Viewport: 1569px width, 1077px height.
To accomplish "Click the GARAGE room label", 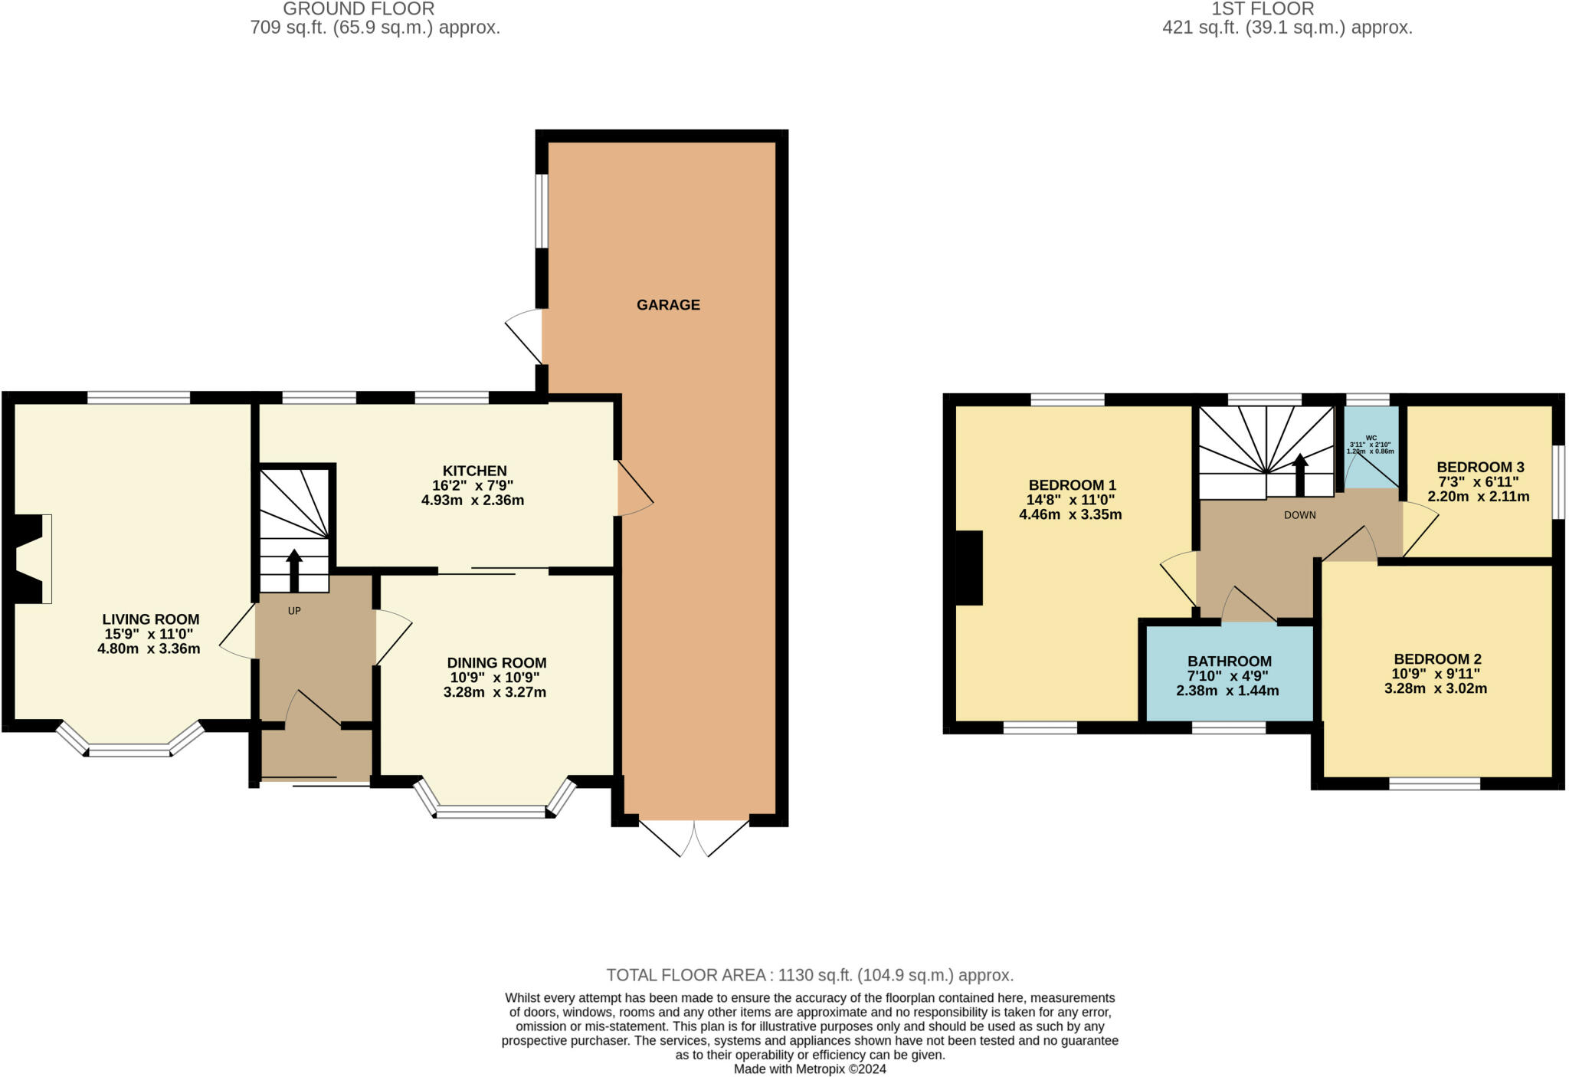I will (668, 305).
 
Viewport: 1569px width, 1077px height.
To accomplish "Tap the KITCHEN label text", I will (474, 471).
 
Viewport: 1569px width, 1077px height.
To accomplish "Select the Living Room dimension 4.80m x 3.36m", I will (149, 648).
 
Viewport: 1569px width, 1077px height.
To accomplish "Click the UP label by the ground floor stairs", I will (294, 611).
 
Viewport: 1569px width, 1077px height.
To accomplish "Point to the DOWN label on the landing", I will (1299, 515).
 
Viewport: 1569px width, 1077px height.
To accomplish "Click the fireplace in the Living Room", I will (31, 559).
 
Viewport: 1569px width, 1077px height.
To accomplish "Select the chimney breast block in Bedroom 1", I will (969, 568).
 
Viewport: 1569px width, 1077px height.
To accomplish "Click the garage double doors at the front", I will (694, 837).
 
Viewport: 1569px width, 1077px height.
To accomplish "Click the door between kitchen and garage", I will (634, 488).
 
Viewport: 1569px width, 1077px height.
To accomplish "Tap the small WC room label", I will (1371, 438).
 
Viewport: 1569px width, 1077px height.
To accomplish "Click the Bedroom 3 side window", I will (1558, 483).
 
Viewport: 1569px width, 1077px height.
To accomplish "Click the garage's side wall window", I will (542, 212).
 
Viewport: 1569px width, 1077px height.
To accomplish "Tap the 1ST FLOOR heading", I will (1273, 9).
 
